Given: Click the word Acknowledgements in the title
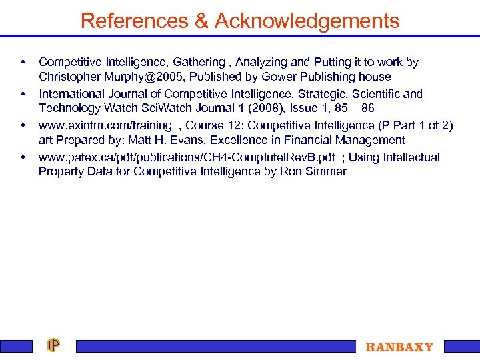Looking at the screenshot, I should (307, 21).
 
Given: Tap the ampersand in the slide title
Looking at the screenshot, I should (201, 21).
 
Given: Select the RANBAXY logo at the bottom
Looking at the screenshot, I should (399, 347).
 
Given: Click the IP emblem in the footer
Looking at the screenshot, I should (53, 345).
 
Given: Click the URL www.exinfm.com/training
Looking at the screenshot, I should (105, 125).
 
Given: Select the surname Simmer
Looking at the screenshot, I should (325, 171).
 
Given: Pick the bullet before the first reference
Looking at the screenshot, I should (23, 62).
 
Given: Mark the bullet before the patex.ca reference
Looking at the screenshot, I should (23, 157).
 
